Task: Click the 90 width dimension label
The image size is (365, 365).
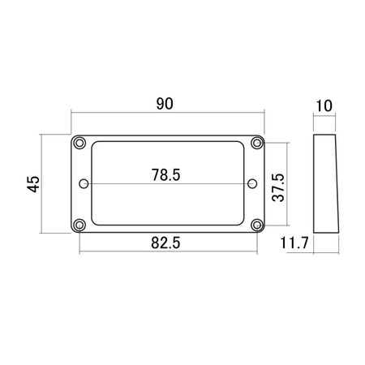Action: [165, 104]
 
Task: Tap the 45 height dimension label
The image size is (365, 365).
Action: [33, 184]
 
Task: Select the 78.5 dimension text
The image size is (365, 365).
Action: [165, 175]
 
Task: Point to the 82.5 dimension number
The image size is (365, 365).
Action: [165, 243]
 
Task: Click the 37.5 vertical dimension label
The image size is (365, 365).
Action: [278, 187]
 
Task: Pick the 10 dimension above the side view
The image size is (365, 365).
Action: [324, 105]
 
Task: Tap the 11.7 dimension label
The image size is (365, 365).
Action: [294, 243]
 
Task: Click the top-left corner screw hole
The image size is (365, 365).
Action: [79, 143]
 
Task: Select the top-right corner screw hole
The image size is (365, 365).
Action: [257, 143]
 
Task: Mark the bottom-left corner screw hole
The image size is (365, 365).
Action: [79, 225]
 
